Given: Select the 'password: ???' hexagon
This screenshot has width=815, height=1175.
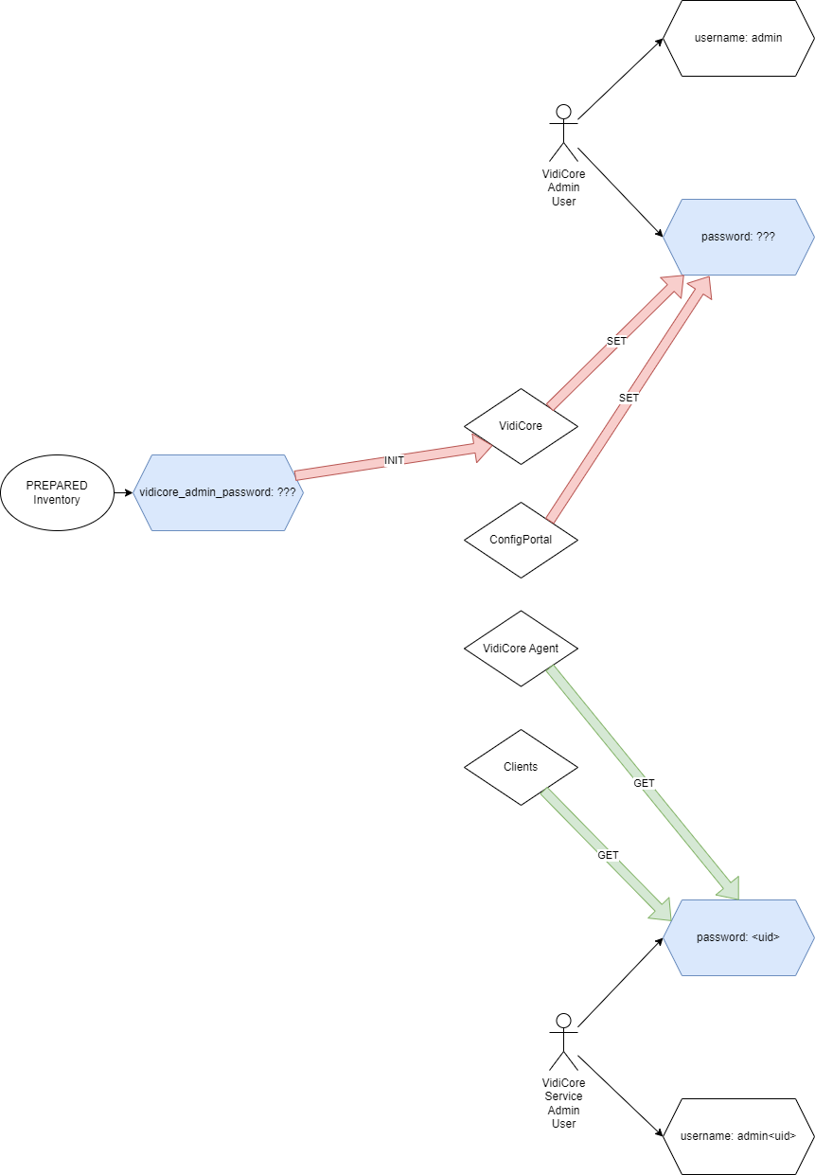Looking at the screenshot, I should (737, 237).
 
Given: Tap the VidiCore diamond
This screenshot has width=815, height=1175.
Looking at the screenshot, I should (521, 426).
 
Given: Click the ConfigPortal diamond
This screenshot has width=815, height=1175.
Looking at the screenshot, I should (521, 540).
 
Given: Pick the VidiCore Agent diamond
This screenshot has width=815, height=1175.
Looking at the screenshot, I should (521, 649).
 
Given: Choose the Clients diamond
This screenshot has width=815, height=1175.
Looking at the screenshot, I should (521, 767).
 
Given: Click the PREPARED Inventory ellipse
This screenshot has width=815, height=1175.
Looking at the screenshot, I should (57, 492).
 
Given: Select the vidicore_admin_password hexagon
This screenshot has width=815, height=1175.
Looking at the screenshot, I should (218, 492).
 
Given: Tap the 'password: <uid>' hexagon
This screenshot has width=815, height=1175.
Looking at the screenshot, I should (737, 937).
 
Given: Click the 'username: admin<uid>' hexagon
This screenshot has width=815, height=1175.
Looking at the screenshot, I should (737, 1136).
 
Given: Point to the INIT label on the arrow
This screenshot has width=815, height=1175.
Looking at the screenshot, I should (394, 460).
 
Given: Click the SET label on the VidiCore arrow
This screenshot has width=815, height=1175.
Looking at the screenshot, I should (616, 341).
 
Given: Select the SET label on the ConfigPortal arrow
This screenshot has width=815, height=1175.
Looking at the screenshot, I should (629, 399).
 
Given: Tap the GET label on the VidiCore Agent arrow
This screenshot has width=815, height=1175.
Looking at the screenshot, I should (644, 783).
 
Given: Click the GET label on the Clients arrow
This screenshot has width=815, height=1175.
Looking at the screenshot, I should (608, 855).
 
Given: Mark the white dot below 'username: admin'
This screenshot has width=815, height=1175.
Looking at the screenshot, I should (563, 112).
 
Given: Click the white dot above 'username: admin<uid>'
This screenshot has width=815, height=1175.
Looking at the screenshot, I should (563, 1021).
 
